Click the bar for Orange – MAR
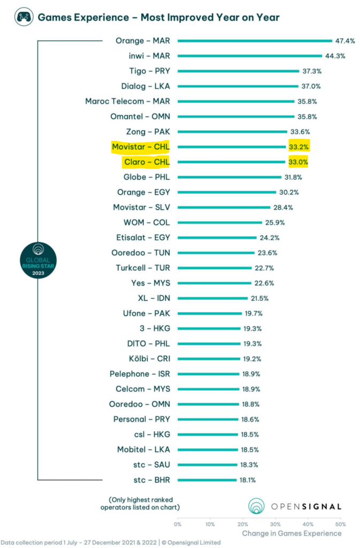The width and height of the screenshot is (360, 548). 255,41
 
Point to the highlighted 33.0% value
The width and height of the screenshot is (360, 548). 297,162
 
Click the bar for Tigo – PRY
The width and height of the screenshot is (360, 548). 238,71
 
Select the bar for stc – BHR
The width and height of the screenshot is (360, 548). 207,479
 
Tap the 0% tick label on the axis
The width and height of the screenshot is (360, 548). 178,524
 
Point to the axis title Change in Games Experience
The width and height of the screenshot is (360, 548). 291,533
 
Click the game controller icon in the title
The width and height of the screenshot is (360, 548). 23,17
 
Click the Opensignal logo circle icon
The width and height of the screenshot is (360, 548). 257,506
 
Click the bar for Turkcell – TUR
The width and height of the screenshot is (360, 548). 215,268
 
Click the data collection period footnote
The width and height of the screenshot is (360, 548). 110,542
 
